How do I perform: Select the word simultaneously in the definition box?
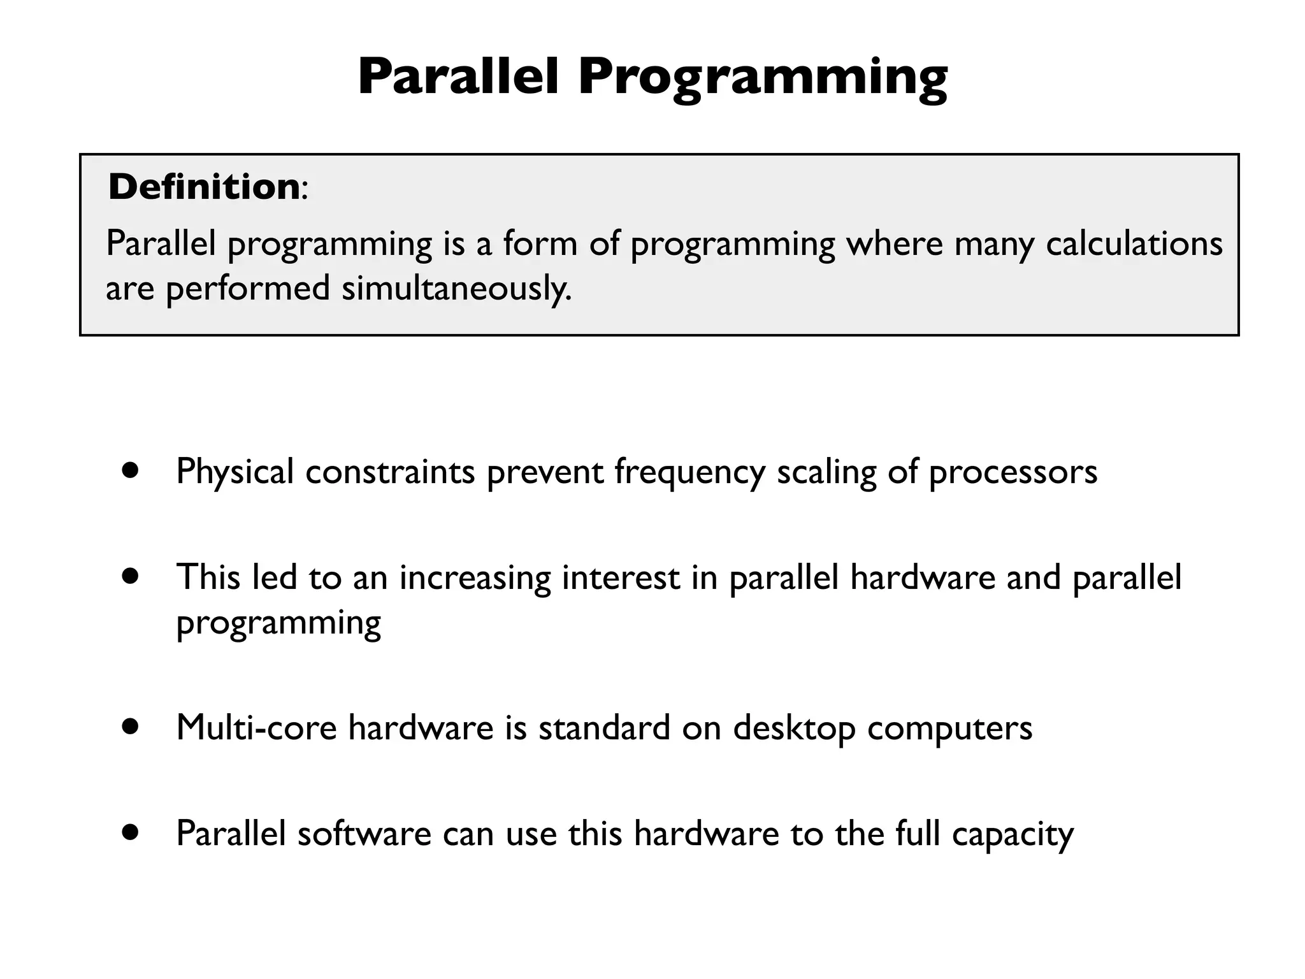click(x=456, y=289)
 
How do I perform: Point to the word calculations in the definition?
click(x=1134, y=243)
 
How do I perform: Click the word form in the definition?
click(x=540, y=243)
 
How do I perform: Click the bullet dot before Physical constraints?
click(x=131, y=471)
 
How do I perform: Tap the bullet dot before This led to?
click(x=131, y=577)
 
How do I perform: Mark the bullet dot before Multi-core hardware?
click(x=131, y=727)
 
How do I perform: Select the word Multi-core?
click(x=256, y=727)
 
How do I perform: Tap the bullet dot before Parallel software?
click(x=131, y=832)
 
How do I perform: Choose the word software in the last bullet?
click(x=364, y=833)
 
